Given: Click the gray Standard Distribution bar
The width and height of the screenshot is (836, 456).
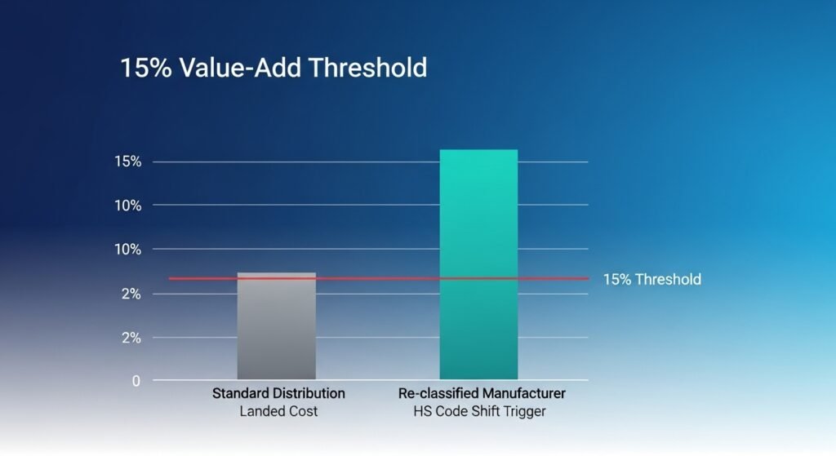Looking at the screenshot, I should [x=276, y=326].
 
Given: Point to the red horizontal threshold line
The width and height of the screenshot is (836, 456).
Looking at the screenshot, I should [x=376, y=279].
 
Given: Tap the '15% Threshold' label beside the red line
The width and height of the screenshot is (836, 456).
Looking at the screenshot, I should [x=651, y=280].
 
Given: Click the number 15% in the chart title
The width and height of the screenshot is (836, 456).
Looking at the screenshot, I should [x=146, y=68].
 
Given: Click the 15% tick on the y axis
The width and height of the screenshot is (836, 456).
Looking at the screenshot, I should [x=128, y=162].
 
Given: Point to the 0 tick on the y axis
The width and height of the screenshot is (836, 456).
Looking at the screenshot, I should [x=136, y=381].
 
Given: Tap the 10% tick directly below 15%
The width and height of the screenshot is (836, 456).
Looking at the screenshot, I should [x=128, y=206].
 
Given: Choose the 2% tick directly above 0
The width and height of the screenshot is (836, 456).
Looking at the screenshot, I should [x=131, y=337].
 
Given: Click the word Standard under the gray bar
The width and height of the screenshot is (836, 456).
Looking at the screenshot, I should [x=242, y=393].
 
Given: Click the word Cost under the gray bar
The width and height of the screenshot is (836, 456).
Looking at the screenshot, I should [x=302, y=411].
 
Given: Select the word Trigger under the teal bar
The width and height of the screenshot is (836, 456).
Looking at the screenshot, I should [x=523, y=411].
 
